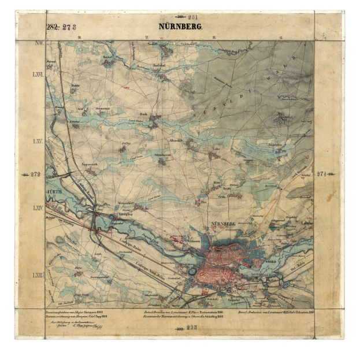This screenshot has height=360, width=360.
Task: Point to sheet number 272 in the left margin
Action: point(35,174)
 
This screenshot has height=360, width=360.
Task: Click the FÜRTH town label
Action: point(54,190)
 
